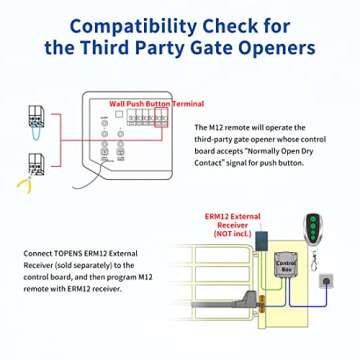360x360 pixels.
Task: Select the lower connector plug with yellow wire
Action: pos(36,165)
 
